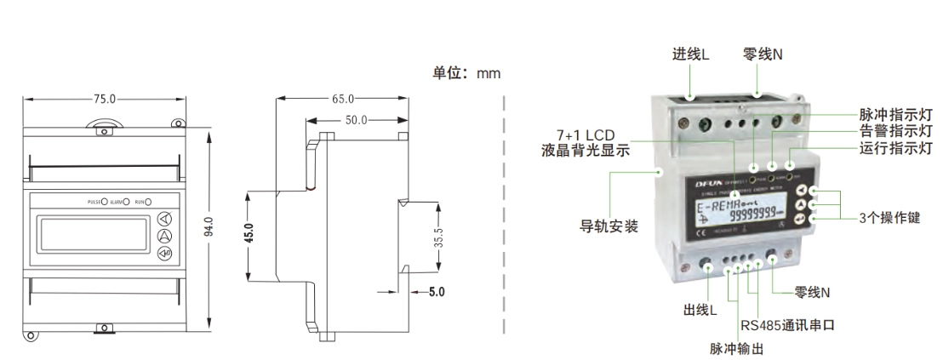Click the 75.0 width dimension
tap(101, 100)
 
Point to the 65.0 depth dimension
tap(343, 100)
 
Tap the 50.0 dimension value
tap(356, 120)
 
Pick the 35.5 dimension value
tap(438, 237)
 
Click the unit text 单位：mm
tap(467, 73)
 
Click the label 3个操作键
tap(889, 214)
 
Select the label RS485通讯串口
tap(786, 324)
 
